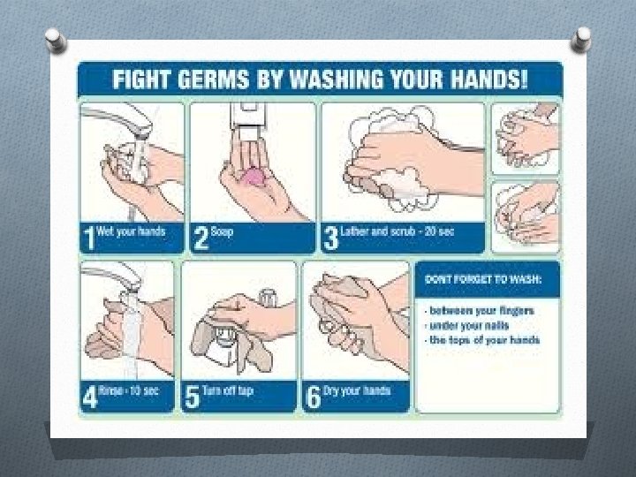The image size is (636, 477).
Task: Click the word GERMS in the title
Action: tap(214, 79)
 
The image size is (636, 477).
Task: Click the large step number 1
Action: tap(89, 238)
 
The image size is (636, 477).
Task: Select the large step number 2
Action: tap(201, 238)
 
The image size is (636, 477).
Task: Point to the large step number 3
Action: tap(331, 238)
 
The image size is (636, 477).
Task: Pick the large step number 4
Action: tap(90, 397)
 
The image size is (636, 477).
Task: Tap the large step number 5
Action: tap(192, 397)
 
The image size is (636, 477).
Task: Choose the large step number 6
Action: tap(313, 397)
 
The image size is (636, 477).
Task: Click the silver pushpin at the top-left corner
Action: tap(56, 41)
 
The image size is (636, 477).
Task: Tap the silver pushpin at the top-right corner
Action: tap(581, 40)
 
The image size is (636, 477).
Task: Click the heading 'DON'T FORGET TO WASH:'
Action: tap(483, 279)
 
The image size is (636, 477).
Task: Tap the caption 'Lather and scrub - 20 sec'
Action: tap(397, 231)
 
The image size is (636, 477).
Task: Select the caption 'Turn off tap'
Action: tap(228, 390)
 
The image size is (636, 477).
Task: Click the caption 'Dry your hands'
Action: tap(357, 390)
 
